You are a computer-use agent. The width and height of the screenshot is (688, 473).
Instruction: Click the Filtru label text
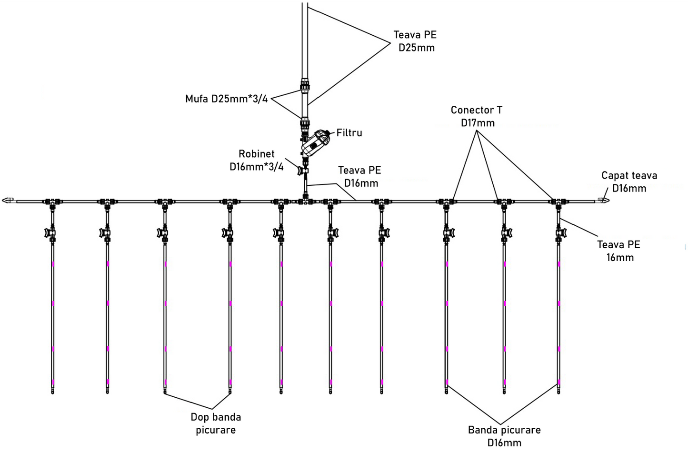coord(349,133)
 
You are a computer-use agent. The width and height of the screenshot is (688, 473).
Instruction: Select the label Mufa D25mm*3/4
coord(227,99)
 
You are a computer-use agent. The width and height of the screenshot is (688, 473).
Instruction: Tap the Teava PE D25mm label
coord(415,41)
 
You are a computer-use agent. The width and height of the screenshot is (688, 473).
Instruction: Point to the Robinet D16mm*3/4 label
coord(257,160)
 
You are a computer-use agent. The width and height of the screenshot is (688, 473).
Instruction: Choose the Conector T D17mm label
coord(476,116)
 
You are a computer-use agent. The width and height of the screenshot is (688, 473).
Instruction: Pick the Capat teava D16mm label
coord(629,181)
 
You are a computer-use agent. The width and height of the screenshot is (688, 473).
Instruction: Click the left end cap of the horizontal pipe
coord(8,201)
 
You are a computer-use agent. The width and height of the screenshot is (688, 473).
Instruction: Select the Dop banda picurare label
coord(216,423)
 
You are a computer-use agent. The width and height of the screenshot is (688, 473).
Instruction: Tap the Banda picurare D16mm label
coord(504,436)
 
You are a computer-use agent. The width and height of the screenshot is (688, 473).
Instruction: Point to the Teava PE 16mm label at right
coord(618,251)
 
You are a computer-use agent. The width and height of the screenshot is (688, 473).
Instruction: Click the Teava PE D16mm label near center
coord(359,176)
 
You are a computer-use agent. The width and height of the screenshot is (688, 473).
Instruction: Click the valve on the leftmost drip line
coord(50,233)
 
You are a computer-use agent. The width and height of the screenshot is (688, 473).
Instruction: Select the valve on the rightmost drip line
coord(560,233)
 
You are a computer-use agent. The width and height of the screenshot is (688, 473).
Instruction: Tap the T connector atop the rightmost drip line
coord(558,202)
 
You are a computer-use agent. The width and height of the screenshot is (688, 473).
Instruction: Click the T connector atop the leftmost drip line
coord(52,202)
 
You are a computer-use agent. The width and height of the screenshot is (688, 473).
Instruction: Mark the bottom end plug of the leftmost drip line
coord(52,391)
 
